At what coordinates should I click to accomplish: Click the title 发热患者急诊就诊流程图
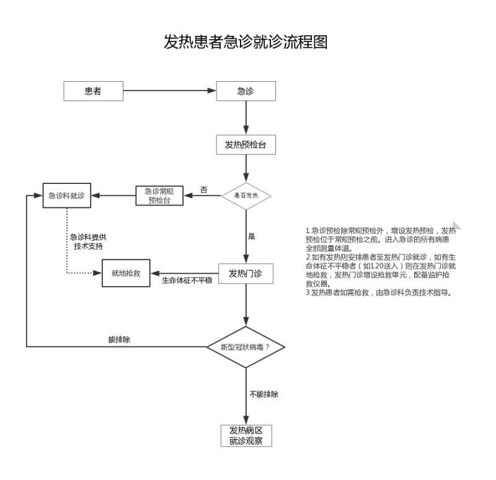pyautogui.click(x=245, y=42)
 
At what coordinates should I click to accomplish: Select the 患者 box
pyautogui.click(x=93, y=91)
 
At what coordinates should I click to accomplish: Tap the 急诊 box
pyautogui.click(x=246, y=91)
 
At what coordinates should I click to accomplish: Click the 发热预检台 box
pyautogui.click(x=246, y=145)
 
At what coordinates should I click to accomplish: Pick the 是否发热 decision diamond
pyautogui.click(x=246, y=196)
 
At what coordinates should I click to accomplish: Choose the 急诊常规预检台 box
pyautogui.click(x=159, y=196)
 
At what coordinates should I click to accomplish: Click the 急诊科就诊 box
pyautogui.click(x=66, y=196)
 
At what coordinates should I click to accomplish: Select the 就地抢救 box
pyautogui.click(x=126, y=273)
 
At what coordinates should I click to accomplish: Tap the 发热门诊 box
pyautogui.click(x=246, y=273)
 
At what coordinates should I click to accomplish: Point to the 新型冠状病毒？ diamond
pyautogui.click(x=246, y=347)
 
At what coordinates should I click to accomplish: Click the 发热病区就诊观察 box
pyautogui.click(x=246, y=435)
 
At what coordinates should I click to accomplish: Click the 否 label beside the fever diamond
pyautogui.click(x=204, y=189)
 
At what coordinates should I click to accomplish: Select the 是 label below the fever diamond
pyautogui.click(x=252, y=236)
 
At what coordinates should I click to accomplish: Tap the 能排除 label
pyautogui.click(x=118, y=339)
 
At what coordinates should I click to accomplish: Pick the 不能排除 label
pyautogui.click(x=263, y=394)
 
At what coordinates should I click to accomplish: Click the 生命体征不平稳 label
pyautogui.click(x=187, y=281)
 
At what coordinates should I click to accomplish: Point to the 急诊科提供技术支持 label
pyautogui.click(x=87, y=242)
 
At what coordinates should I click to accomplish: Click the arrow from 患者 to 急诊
pyautogui.click(x=169, y=91)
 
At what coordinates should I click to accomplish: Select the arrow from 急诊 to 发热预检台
pyautogui.click(x=246, y=117)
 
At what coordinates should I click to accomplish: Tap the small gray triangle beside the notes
pyautogui.click(x=456, y=225)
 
